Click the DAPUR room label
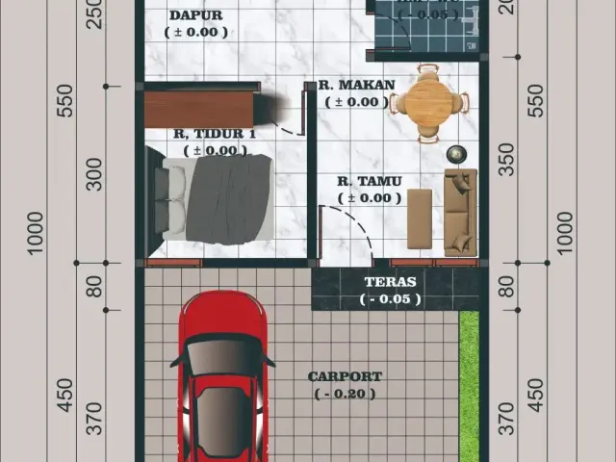196,15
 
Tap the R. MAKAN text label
356,85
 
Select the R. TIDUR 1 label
215,133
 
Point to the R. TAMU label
370,181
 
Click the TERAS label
390,282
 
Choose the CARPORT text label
345,376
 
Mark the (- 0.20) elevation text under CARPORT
345,394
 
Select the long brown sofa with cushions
460,211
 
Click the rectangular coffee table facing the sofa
420,218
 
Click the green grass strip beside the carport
469,385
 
